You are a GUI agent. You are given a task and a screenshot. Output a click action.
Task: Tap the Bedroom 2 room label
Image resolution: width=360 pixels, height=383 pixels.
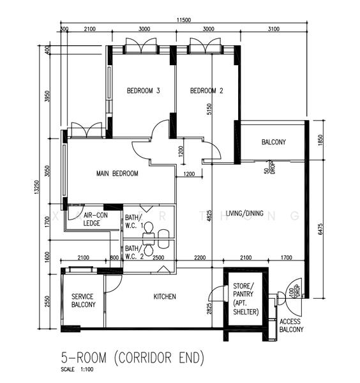[207, 91]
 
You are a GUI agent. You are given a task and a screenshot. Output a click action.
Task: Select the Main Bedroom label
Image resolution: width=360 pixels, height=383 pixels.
[117, 174]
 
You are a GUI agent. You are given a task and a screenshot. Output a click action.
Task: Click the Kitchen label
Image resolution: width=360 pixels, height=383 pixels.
[165, 297]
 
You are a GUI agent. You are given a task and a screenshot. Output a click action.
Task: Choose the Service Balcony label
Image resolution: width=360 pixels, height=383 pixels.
[84, 301]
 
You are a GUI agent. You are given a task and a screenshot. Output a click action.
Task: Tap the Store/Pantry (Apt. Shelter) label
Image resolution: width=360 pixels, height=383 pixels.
[246, 299]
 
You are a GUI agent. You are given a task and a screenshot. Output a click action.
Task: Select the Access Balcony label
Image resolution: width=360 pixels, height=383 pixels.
[291, 326]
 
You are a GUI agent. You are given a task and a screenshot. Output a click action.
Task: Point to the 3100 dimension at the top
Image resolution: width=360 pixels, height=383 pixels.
[274, 29]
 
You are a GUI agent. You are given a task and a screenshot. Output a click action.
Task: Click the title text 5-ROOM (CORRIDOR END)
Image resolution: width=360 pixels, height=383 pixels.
[132, 358]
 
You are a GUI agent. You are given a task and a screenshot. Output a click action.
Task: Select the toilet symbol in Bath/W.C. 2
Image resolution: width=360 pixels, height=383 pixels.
[149, 251]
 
